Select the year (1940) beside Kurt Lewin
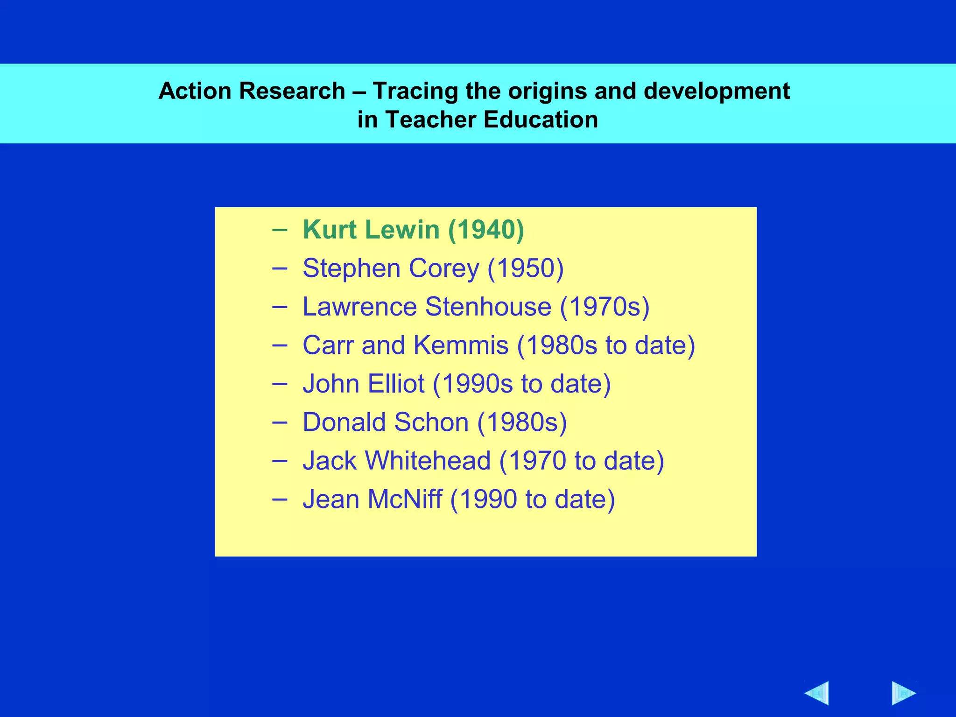(x=486, y=230)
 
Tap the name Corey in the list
(x=443, y=268)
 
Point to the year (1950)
(x=526, y=268)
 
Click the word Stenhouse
(x=488, y=307)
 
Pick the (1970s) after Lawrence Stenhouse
(x=605, y=307)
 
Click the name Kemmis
(x=461, y=345)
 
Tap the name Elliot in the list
(x=396, y=384)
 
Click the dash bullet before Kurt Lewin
(x=279, y=230)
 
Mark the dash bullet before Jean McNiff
(x=279, y=499)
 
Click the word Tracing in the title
(x=415, y=91)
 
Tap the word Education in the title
(x=541, y=119)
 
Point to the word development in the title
(x=717, y=91)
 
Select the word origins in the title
(x=547, y=91)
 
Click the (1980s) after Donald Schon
(x=522, y=422)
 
